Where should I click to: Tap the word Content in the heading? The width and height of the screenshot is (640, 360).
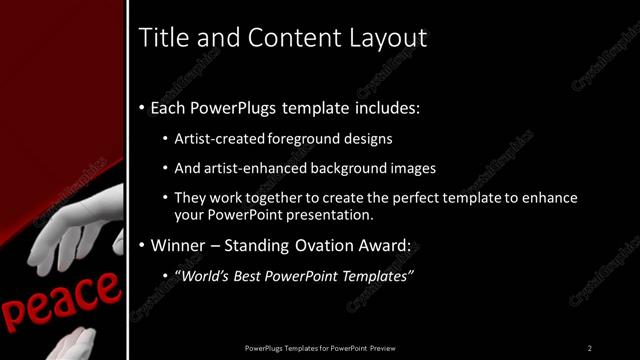(277, 38)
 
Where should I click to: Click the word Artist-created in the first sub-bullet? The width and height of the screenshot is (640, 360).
(215, 139)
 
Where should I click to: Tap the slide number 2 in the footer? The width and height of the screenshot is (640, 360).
(590, 348)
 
